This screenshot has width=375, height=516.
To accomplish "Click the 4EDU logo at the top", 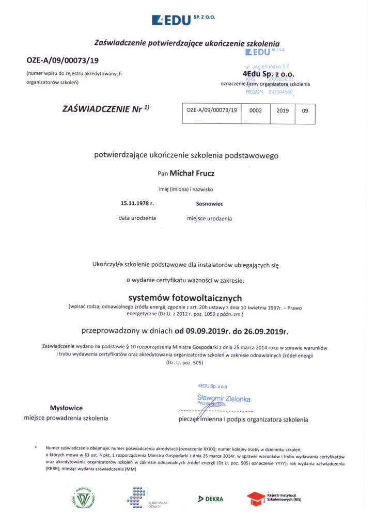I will pos(183,20).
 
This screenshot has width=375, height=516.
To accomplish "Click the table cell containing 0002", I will pos(256,110).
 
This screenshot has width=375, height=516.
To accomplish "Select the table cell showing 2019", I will pos(283,110).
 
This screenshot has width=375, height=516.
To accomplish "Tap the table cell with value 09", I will pos(305,110).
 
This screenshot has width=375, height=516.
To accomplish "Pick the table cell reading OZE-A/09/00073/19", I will pos(211,110).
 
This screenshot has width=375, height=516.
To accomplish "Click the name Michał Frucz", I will pos(196,174).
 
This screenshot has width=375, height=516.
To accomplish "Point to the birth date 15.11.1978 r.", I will pos(137,204).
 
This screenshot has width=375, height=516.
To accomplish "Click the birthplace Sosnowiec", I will pos(210,204).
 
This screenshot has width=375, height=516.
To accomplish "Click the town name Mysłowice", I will pos(67,407).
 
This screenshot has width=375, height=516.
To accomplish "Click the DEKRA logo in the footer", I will pos(211,498).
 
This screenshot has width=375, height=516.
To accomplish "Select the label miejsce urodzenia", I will pos(209,218).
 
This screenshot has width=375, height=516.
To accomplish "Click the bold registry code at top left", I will pos(62,60).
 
